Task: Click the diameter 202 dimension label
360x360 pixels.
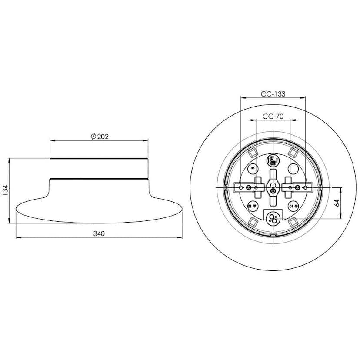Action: pos(100,136)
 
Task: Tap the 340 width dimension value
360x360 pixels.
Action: pos(99,233)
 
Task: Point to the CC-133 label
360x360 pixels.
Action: pos(273,94)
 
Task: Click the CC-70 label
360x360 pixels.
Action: pos(273,117)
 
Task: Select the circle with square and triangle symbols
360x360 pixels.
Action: pos(253,206)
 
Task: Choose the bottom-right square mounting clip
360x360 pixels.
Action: pos(293,223)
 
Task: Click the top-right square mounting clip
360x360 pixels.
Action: pos(293,153)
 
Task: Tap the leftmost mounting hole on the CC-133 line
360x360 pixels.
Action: pos(241,187)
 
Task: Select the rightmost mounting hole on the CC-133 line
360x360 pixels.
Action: pos(305,187)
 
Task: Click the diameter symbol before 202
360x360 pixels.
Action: pos(93,136)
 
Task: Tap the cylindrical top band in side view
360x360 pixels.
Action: pos(100,169)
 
